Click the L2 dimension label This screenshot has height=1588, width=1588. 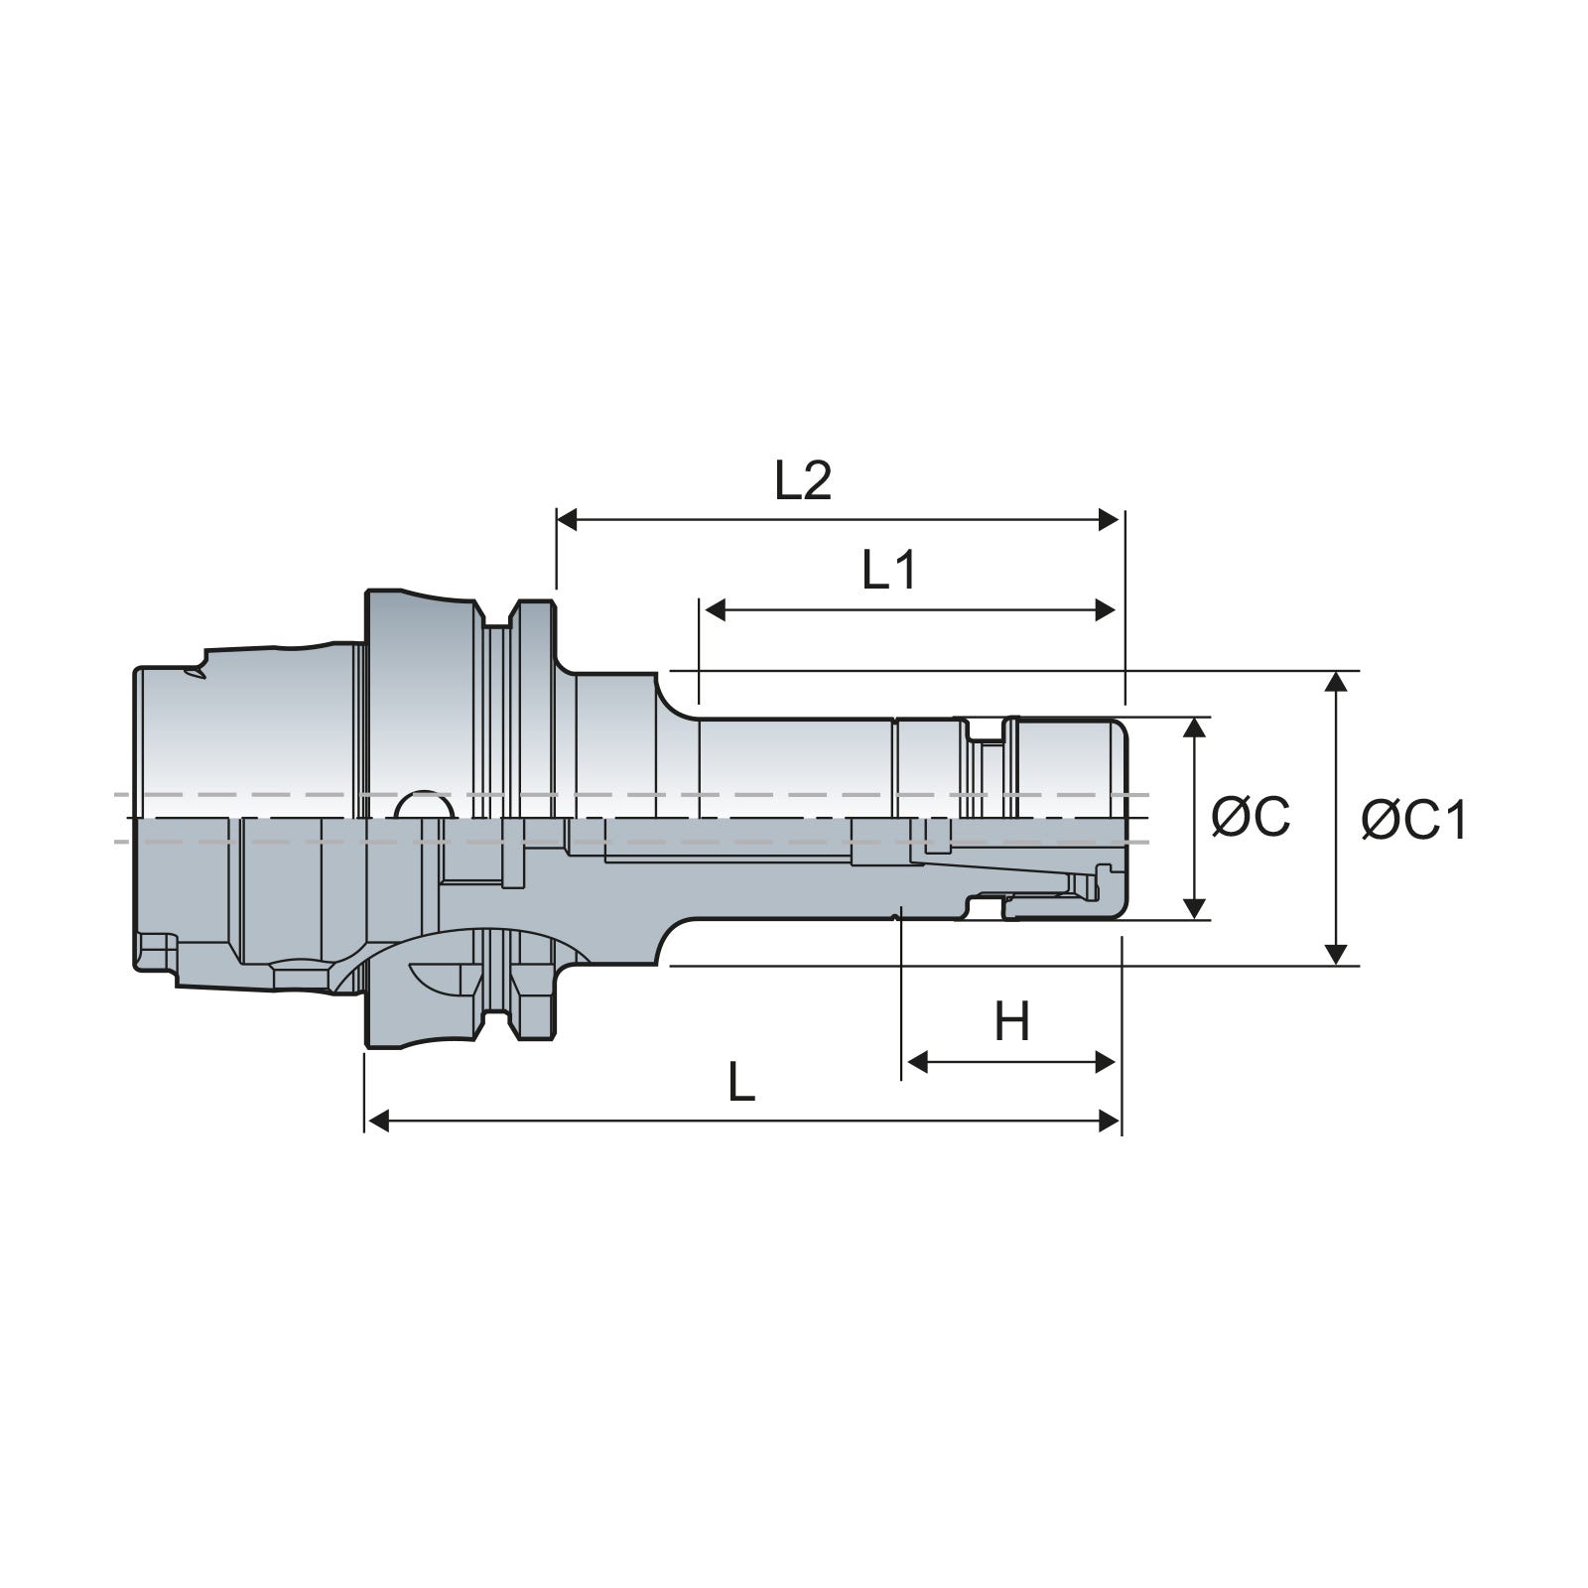pos(802,481)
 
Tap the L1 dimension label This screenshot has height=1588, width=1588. pos(889,571)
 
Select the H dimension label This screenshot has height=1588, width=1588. pos(1012,1021)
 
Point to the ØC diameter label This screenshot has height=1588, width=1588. pos(1251,816)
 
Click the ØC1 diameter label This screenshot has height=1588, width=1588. pos(1413,821)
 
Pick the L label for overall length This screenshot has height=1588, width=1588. pos(741,1082)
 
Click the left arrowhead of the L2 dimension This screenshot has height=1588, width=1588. pos(568,519)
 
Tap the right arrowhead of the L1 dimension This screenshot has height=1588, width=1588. pos(1105,610)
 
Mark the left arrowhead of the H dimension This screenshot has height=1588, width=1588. pos(918,1062)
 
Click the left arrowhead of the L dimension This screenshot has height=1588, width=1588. pos(377,1122)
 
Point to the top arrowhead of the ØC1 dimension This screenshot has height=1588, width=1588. pos(1337,683)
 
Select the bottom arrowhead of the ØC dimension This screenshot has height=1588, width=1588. pos(1195,907)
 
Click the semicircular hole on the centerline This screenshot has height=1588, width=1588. pos(425,805)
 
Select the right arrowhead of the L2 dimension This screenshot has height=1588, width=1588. pos(1108,519)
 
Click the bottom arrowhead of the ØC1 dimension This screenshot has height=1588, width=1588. pos(1337,953)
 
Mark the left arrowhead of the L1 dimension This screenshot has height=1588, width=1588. pos(716,610)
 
